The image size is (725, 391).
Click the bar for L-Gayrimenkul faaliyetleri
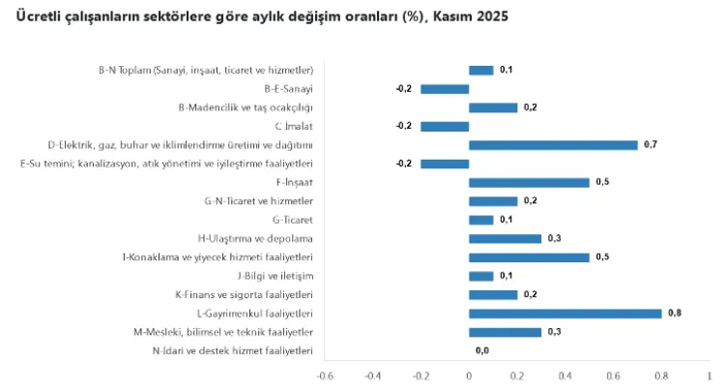point(565,314)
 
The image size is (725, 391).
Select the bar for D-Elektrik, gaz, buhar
point(553,145)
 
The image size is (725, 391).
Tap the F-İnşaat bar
point(529,182)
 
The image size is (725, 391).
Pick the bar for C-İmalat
point(445,126)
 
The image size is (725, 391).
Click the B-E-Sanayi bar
point(445,89)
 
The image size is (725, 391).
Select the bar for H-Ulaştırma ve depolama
point(505,238)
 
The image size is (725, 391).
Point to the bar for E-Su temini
point(445,164)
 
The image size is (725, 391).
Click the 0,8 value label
point(674,314)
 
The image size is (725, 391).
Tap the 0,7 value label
point(650,145)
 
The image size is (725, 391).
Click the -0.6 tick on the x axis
point(325,376)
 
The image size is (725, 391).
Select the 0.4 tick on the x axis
point(565,376)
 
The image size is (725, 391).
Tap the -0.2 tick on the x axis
point(420,376)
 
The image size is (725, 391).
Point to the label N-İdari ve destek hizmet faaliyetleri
point(232,350)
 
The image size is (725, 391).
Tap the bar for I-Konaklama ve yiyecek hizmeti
point(529,257)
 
